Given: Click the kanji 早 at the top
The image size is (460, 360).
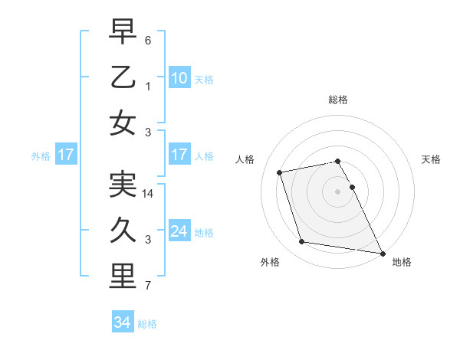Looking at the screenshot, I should coord(123,31).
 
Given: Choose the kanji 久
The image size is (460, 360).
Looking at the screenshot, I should coord(123,231).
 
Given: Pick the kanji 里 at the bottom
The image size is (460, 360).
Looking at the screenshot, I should coord(123,277).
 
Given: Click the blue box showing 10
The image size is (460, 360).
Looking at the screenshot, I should coord(179,77).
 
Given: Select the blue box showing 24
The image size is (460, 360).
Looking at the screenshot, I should coord(179,231).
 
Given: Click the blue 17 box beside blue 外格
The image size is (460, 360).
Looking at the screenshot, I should coord(66,155).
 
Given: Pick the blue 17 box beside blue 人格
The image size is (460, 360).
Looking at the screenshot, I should coord(179,155).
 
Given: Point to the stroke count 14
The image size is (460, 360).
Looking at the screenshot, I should coord(148,195).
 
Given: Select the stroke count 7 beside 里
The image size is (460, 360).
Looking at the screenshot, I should coord(148,286).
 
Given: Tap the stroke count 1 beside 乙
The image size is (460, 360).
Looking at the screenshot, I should coord(148,86).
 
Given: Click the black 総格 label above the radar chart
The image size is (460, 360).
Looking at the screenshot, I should coord(338,100).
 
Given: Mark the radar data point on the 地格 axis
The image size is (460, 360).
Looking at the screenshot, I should coord(382,253).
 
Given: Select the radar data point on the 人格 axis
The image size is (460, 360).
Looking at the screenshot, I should coord(280,172).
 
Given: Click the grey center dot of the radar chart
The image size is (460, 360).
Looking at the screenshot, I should coord(338,191).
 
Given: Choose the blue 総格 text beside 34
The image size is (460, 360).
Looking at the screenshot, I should coord(148,324).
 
